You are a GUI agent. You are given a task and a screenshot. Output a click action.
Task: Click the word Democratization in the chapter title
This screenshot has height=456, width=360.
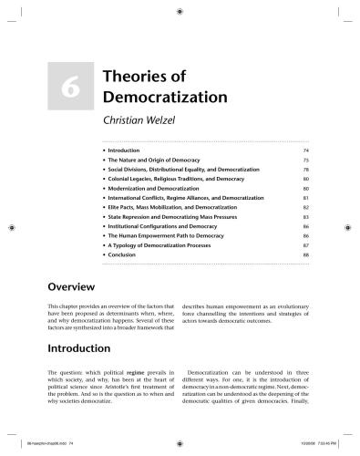178,94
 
